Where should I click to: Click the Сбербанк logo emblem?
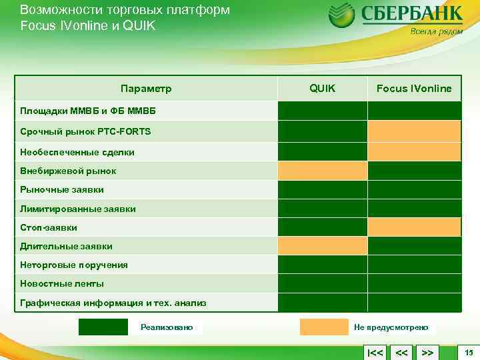(342, 15)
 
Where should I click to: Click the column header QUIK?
(323, 88)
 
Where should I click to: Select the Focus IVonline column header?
(414, 88)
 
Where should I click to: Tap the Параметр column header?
(146, 88)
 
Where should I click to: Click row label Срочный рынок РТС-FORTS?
(85, 131)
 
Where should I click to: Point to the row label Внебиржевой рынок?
(68, 171)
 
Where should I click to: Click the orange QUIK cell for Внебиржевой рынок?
(323, 171)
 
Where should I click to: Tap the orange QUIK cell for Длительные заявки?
(323, 246)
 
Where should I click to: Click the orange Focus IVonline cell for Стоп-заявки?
(414, 227)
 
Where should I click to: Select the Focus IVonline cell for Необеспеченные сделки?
(414, 152)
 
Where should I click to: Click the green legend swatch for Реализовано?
(103, 327)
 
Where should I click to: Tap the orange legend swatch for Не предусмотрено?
(324, 327)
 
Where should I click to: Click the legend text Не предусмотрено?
(391, 327)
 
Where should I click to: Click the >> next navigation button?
(428, 351)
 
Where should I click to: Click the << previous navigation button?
(401, 351)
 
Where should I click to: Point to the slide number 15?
(469, 351)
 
